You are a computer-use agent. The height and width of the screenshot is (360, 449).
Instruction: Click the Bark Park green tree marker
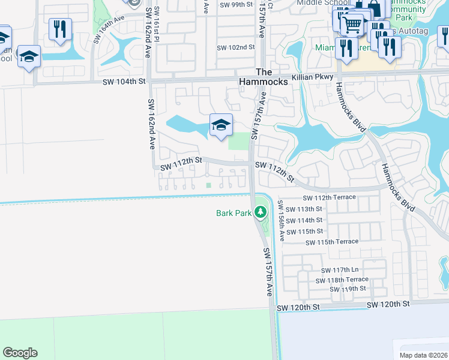[260, 212]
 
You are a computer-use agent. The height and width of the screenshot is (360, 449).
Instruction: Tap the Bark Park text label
[234, 213]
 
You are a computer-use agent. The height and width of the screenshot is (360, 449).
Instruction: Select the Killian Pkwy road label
[312, 77]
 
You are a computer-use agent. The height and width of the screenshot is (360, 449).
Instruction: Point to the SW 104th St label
[124, 81]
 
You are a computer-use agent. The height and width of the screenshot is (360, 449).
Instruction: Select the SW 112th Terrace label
[329, 197]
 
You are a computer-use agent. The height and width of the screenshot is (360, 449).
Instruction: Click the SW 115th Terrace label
[332, 242]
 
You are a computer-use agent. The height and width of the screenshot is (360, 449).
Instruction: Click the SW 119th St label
[348, 289]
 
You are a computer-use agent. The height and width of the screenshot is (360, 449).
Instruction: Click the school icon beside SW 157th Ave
[221, 126]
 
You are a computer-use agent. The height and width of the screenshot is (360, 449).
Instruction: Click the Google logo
[20, 353]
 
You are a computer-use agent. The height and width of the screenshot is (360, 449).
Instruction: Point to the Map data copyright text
[424, 355]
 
